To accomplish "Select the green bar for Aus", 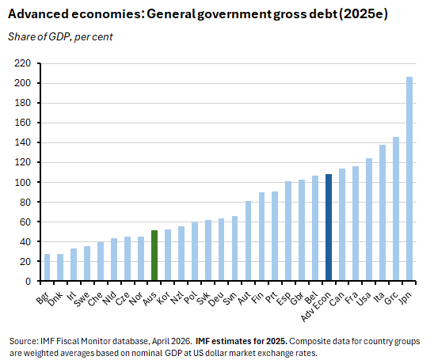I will pos(154,256).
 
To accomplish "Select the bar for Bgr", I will pos(47,267).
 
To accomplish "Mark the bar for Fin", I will pos(261,237).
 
